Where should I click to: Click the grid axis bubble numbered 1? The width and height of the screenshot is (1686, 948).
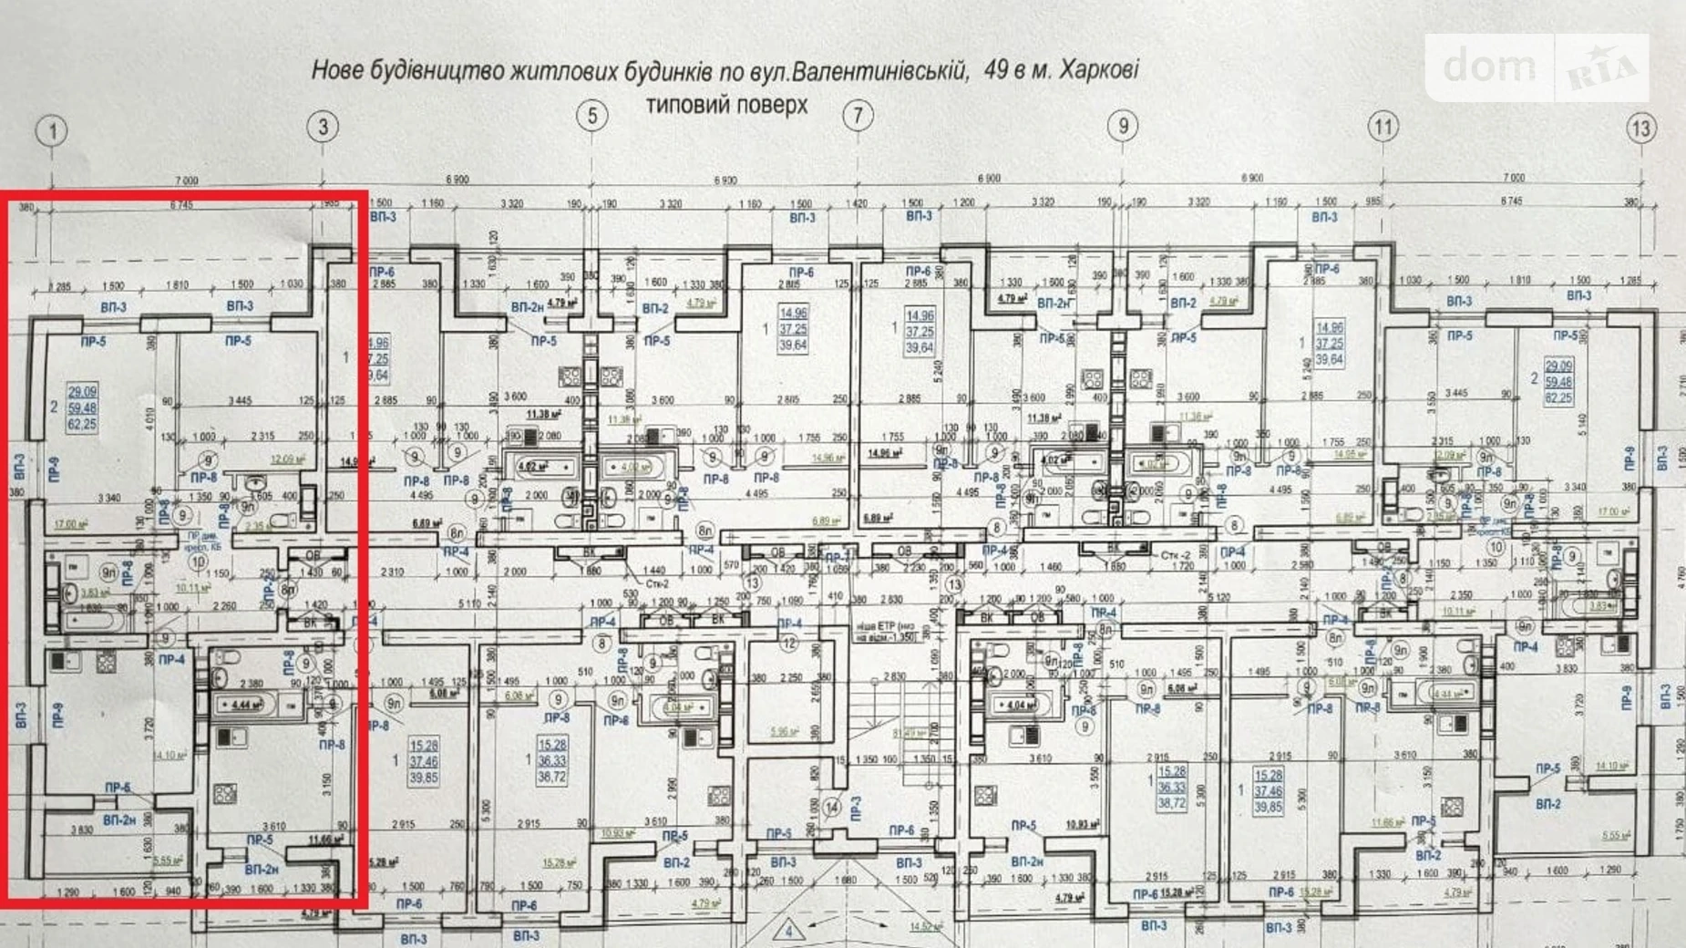click(x=52, y=131)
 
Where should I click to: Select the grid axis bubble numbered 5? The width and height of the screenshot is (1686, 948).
click(x=592, y=116)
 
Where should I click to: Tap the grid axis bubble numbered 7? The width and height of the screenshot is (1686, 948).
click(x=857, y=116)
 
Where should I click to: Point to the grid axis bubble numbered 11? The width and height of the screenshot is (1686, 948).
click(x=1383, y=127)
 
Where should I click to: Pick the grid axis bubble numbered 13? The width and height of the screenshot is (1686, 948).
click(x=1640, y=129)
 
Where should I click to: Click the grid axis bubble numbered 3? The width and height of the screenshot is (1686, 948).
click(x=322, y=127)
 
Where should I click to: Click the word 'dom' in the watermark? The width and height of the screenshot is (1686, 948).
click(x=1489, y=67)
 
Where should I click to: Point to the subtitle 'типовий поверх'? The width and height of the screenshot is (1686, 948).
click(x=726, y=106)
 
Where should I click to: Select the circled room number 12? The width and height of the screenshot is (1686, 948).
click(x=789, y=644)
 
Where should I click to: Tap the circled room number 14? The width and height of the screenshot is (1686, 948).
click(x=832, y=808)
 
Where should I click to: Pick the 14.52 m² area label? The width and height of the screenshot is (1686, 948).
click(x=924, y=927)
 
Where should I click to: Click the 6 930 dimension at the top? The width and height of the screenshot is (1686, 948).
click(x=725, y=180)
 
